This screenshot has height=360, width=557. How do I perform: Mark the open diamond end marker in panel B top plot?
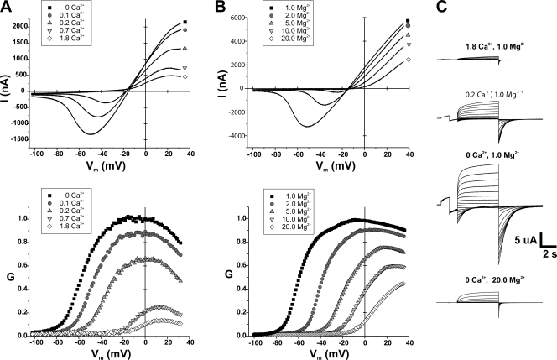[x=409, y=60]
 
